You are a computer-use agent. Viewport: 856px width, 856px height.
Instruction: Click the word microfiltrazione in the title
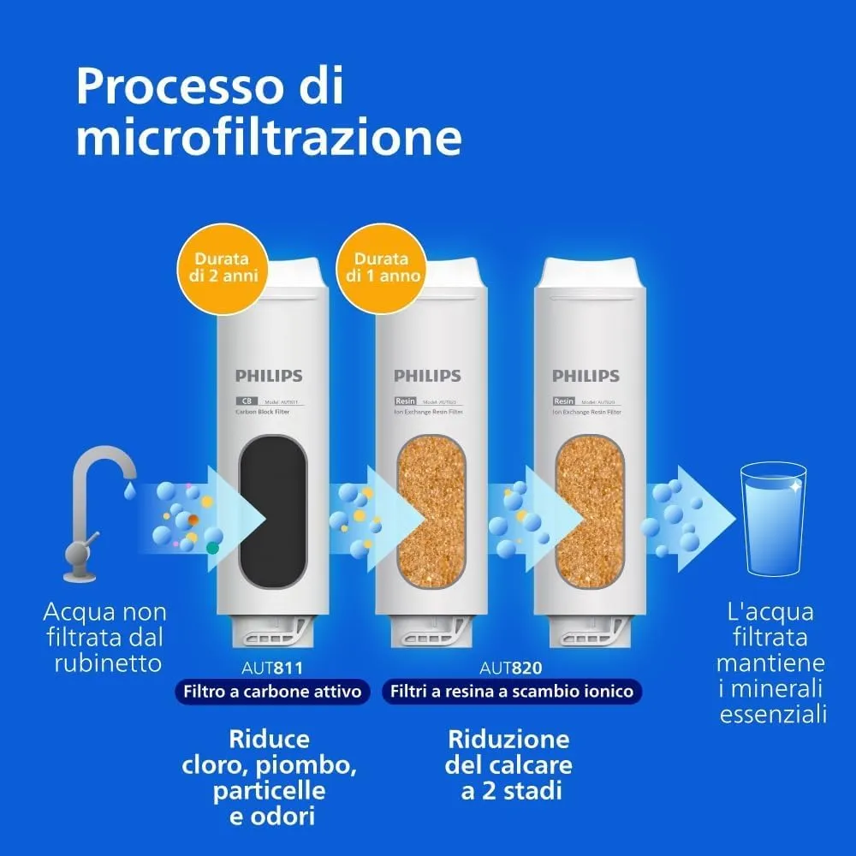(x=269, y=138)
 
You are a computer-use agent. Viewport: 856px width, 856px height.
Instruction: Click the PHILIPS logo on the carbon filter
(x=270, y=376)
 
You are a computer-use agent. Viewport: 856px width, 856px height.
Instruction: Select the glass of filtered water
(x=772, y=518)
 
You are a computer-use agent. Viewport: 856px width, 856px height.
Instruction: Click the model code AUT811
(x=270, y=667)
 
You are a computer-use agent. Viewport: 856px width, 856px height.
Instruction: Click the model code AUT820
(x=511, y=667)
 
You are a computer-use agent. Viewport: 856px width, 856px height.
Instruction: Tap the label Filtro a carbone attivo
(x=270, y=692)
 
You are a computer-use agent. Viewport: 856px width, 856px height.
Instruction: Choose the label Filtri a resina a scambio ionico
(x=512, y=692)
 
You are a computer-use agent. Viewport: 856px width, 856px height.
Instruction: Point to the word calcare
(x=531, y=764)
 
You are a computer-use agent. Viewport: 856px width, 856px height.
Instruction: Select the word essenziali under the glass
(x=773, y=714)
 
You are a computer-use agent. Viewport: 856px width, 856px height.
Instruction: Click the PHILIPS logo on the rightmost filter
(x=586, y=376)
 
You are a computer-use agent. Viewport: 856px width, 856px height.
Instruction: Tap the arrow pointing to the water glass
(x=698, y=518)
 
